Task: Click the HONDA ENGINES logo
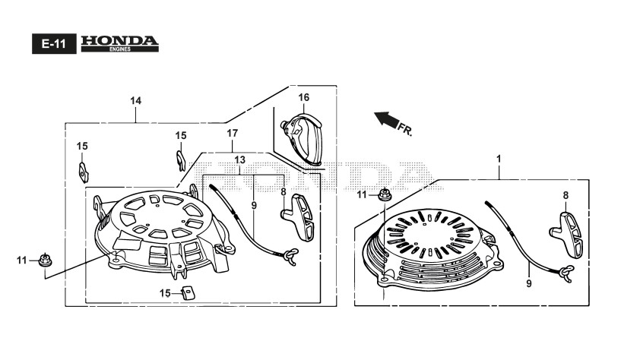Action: pos(119,43)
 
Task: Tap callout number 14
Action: pos(135,101)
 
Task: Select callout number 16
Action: pos(303,97)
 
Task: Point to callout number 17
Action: pos(233,133)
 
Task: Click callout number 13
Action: pos(239,160)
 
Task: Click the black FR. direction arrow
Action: pos(387,118)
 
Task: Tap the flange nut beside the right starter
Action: pos(385,194)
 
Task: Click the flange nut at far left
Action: pos(44,261)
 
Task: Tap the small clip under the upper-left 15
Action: pos(82,169)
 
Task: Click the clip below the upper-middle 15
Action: pos(179,160)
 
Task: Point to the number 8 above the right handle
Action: pos(566,195)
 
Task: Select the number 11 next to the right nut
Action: pos(363,195)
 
